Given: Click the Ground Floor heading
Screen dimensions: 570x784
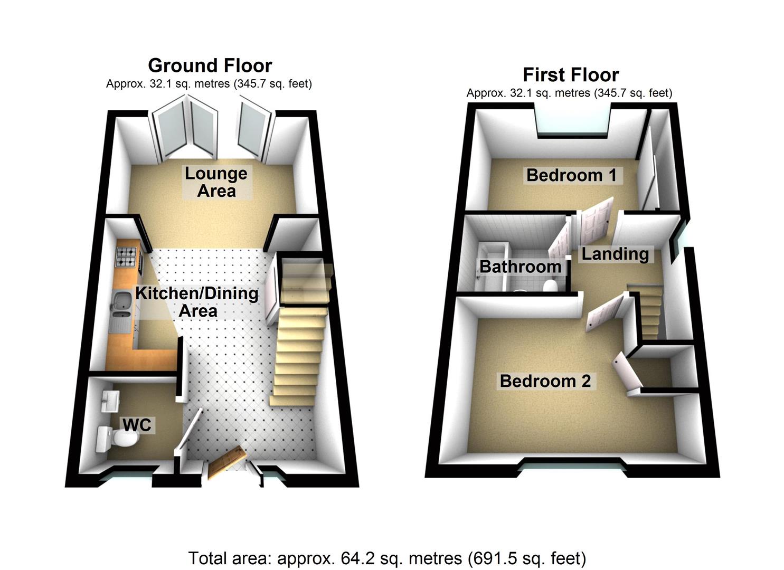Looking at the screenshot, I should pyautogui.click(x=210, y=65).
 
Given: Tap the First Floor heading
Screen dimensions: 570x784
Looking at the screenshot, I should pyautogui.click(x=570, y=74).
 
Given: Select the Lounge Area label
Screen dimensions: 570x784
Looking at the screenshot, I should pyautogui.click(x=216, y=182).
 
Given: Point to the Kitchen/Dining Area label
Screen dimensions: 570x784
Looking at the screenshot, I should pyautogui.click(x=197, y=301).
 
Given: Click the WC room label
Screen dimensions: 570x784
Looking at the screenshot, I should pyautogui.click(x=137, y=424).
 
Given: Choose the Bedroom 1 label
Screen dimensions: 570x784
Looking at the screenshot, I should pyautogui.click(x=571, y=175).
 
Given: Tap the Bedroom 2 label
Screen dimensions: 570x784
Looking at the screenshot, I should pyautogui.click(x=545, y=381).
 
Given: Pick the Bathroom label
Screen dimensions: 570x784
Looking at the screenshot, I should pyautogui.click(x=520, y=267).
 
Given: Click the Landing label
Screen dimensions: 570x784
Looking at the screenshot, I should pyautogui.click(x=615, y=254).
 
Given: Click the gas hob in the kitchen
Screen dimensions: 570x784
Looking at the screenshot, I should pyautogui.click(x=127, y=256).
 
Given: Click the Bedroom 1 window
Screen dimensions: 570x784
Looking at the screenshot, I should pyautogui.click(x=574, y=120).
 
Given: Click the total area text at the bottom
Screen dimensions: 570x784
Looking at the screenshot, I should pyautogui.click(x=387, y=558).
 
